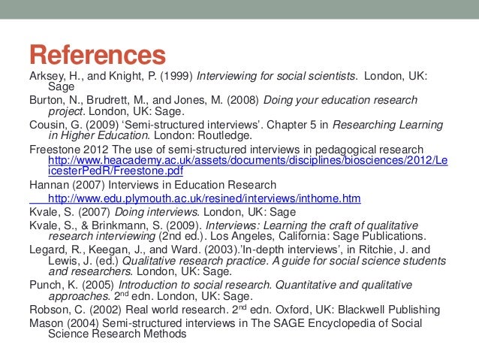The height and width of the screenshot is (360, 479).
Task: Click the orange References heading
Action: (x=97, y=56)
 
